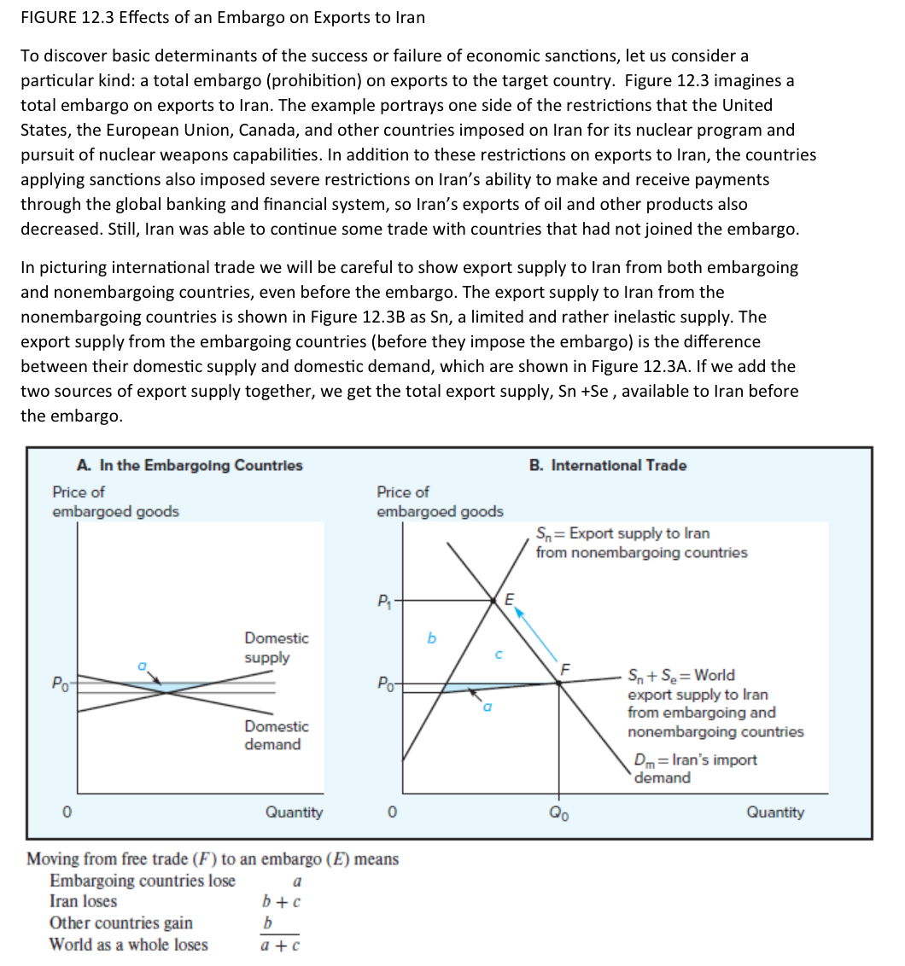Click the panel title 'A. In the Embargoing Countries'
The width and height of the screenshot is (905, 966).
click(x=189, y=465)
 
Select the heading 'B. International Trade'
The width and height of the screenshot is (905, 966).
click(x=607, y=465)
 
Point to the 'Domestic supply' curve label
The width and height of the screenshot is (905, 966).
click(x=276, y=648)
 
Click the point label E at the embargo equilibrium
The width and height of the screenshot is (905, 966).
click(x=510, y=598)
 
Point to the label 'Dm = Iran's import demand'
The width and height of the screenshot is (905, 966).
click(x=694, y=769)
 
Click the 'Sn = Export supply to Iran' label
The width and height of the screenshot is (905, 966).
click(x=640, y=543)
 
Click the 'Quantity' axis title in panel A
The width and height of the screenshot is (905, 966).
click(x=294, y=812)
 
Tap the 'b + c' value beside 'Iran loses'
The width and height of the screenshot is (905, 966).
click(x=281, y=902)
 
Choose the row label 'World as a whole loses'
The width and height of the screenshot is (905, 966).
click(x=128, y=945)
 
